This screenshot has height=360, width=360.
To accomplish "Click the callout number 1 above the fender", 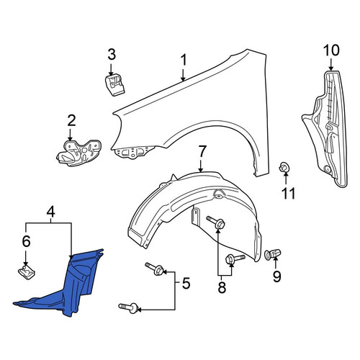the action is pos(184,60).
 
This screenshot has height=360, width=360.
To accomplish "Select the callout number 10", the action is pos(331,50).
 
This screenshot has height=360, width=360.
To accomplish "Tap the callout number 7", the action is pos(202,152).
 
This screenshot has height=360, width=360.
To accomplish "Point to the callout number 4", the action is pos(51,212).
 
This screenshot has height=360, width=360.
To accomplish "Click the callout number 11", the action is pos(288,194).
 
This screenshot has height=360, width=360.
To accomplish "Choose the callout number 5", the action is pos(186,283).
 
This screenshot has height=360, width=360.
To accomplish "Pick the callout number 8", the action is pos(222,287).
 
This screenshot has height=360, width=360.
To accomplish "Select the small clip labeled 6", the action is pos(27,273).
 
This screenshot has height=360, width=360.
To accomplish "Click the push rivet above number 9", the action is pos(273,254).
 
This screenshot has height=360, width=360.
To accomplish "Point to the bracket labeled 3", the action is pos(115,85).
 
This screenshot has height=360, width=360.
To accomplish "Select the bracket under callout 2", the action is pos(78,153).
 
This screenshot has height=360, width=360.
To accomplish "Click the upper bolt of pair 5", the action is pos(155,269).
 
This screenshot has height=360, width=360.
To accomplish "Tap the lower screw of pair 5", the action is pos(128,307).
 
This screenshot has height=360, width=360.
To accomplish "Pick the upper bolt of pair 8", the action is pos(215,222).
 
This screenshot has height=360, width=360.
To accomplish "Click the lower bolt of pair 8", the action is pos(235,259).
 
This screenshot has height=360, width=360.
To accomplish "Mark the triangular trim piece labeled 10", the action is pos(325,128).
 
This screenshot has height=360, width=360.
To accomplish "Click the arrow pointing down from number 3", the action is pos(111,70).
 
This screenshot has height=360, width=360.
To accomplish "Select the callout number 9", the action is pos(276,276).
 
